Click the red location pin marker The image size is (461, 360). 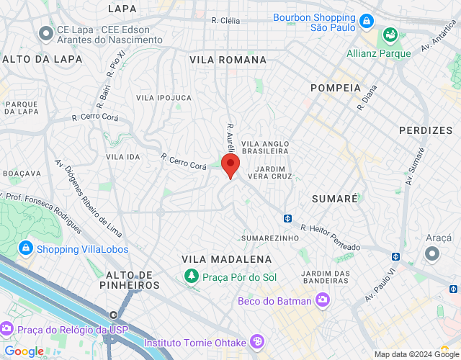click(x=230, y=165)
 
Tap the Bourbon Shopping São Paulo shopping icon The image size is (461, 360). click(x=367, y=22)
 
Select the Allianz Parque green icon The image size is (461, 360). click(x=390, y=34)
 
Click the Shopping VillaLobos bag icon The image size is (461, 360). click(x=26, y=248)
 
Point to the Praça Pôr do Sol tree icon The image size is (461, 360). click(x=191, y=275)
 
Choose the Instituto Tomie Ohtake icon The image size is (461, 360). click(x=258, y=342)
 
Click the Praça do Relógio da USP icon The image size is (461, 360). click(x=7, y=329)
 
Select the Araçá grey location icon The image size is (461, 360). click(x=432, y=253)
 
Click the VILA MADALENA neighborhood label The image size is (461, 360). click(x=217, y=258)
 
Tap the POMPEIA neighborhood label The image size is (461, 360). click(x=335, y=87)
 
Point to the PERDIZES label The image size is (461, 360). click(x=429, y=130)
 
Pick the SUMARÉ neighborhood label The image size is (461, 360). click(x=335, y=198)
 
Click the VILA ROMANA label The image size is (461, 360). click(x=228, y=60)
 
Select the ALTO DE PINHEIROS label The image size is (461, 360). click(x=133, y=280)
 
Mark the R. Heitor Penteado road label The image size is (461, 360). click(x=331, y=238)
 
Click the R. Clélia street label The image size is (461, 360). click(x=225, y=21)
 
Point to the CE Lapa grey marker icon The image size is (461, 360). click(x=47, y=32)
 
